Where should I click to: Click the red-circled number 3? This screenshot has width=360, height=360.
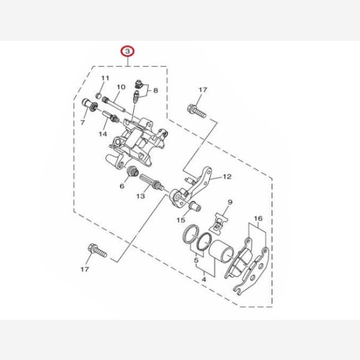point(128,52)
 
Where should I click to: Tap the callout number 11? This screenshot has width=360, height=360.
point(106,78)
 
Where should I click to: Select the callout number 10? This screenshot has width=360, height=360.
point(121,87)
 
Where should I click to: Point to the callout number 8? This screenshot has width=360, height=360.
point(155,91)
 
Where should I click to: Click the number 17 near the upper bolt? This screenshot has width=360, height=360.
point(203,89)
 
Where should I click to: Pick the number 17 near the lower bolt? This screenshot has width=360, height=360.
point(85,269)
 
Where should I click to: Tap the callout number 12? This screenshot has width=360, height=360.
point(227,176)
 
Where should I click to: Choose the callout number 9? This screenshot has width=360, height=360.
point(230,202)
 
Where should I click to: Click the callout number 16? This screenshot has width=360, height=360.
point(258,218)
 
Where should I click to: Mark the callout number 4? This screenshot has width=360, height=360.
point(204,280)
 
